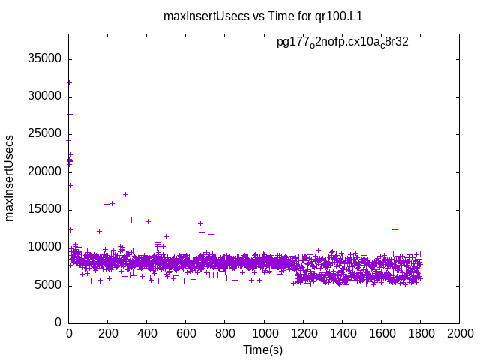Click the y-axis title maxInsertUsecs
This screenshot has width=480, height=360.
point(10,178)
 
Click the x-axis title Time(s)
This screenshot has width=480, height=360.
point(262,349)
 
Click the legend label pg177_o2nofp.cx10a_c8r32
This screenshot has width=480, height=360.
point(343,43)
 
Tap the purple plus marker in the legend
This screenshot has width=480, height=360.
point(430,43)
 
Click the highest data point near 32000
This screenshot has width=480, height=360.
point(70,82)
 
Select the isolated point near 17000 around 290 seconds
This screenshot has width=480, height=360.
point(125,194)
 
